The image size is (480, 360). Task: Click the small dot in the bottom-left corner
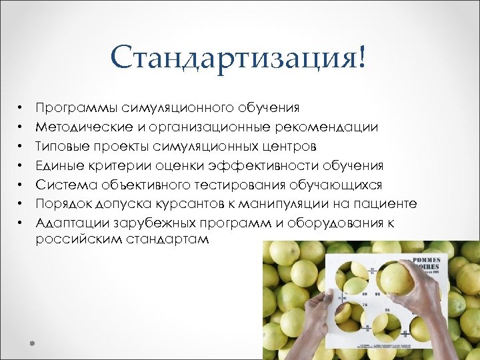click(31, 343)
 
